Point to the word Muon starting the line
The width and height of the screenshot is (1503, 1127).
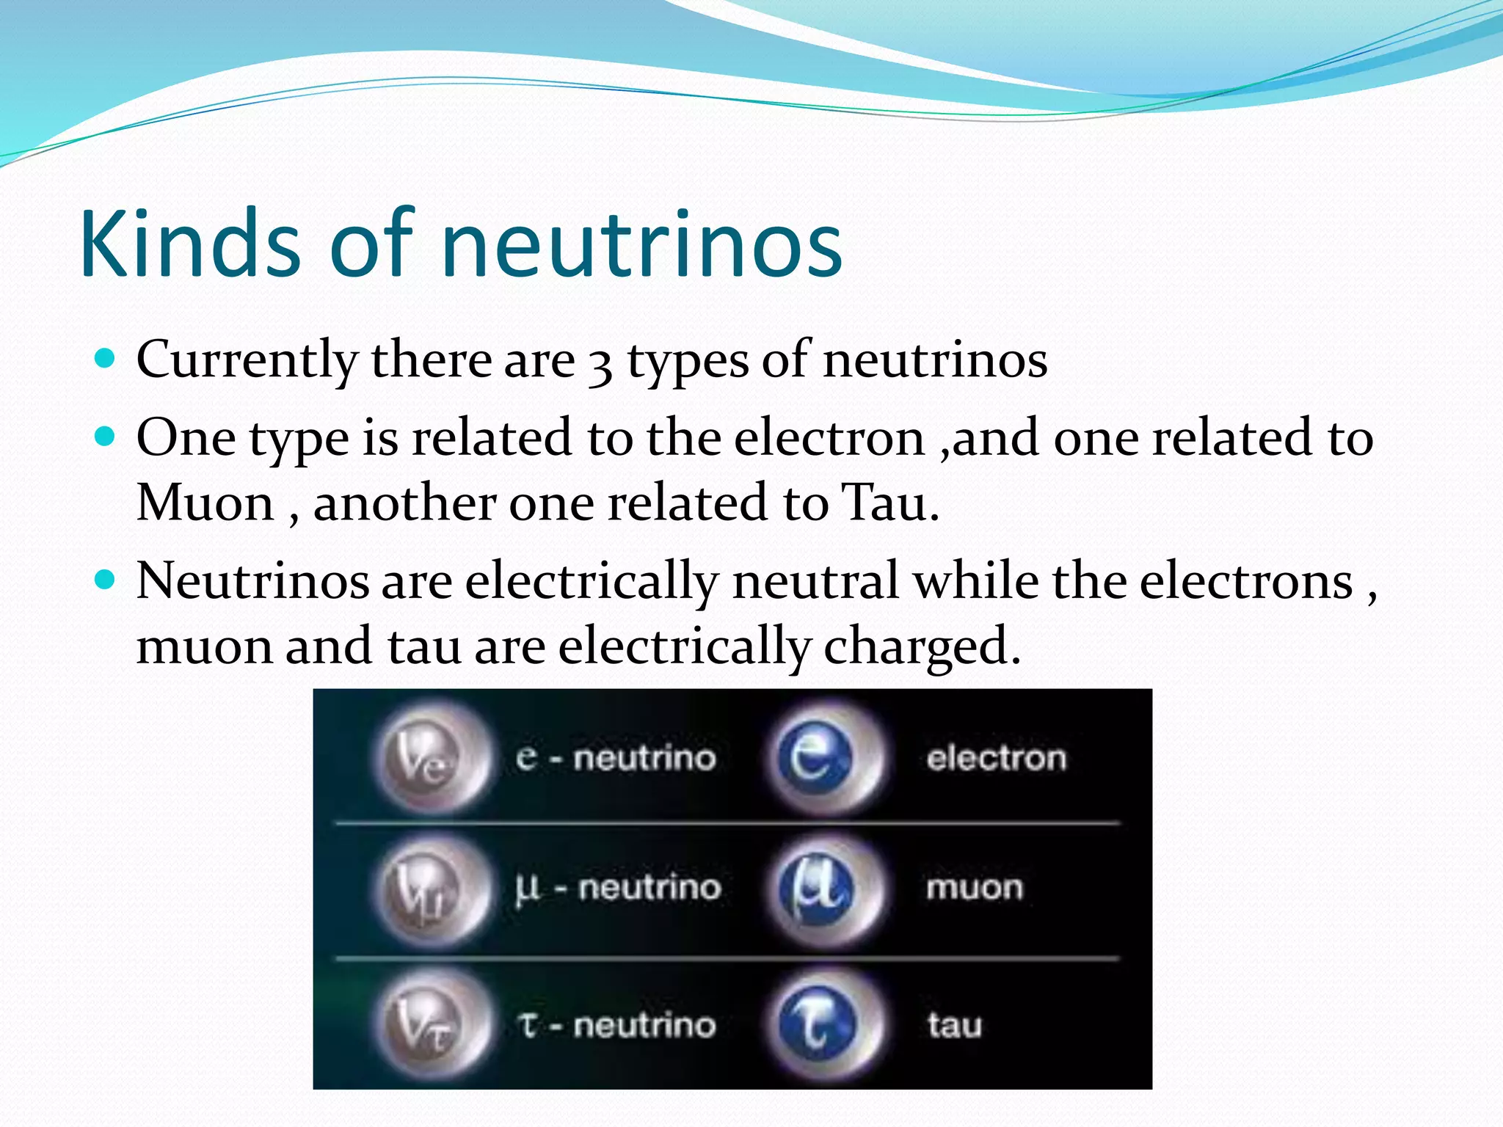205,503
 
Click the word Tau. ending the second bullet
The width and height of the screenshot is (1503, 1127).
890,503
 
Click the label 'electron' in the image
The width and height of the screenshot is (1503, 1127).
996,758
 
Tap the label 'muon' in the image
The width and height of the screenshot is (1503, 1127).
974,889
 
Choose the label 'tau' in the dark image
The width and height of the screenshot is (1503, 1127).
954,1025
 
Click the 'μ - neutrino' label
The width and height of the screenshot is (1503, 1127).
618,889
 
